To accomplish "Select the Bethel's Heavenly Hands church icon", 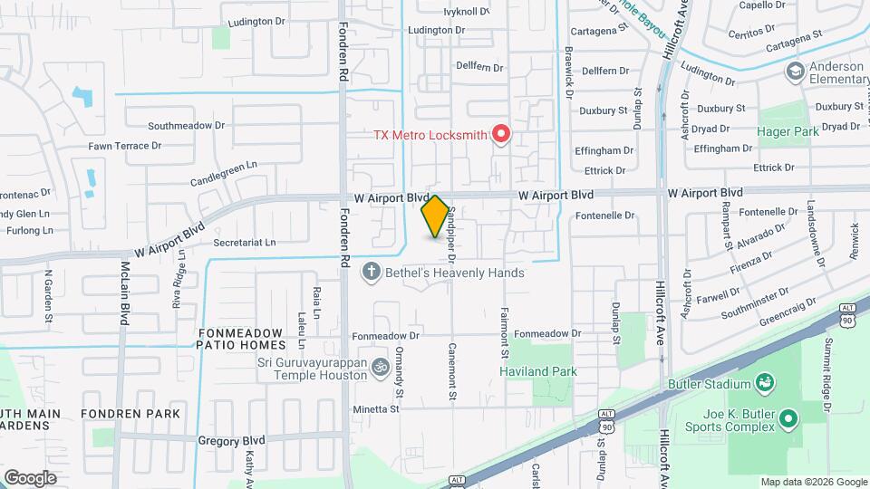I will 371,272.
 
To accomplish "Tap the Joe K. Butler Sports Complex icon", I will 788,418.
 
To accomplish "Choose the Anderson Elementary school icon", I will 795,72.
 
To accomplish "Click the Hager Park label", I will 788,131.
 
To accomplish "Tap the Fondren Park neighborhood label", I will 130,414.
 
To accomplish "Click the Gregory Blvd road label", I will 231,441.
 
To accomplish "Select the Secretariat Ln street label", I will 244,243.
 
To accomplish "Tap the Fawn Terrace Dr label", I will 125,146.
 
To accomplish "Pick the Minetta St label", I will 377,409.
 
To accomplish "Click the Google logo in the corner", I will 30,477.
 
